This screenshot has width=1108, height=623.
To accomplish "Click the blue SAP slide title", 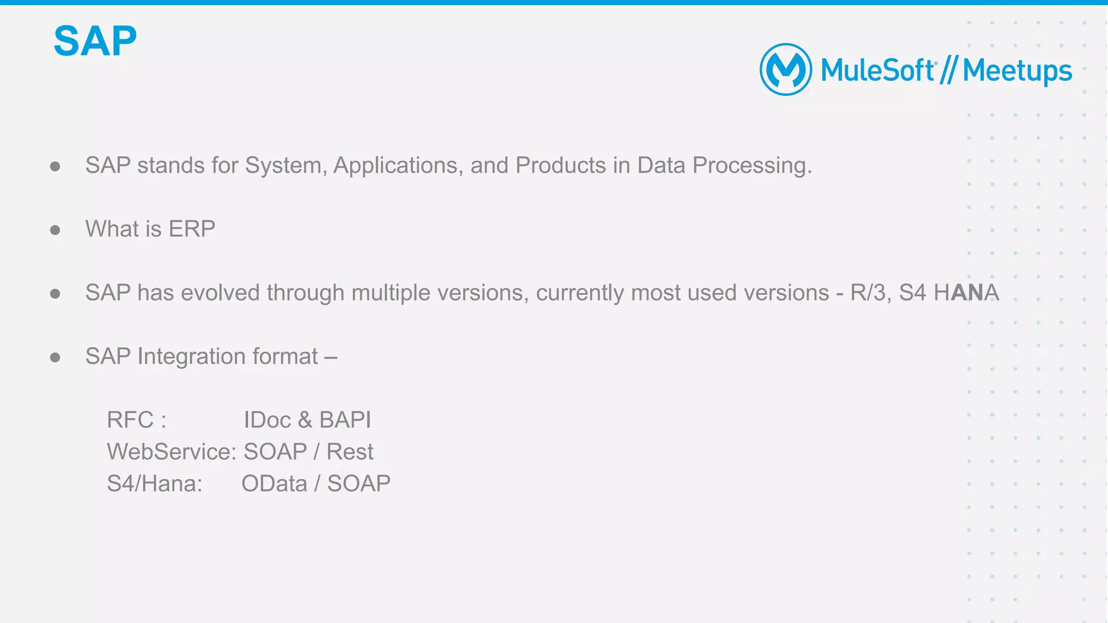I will coord(95,41).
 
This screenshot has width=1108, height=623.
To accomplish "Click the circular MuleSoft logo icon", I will coord(786,70).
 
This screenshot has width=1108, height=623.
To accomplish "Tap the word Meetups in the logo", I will coord(1017,71).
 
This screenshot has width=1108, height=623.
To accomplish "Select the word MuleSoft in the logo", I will coord(877,71).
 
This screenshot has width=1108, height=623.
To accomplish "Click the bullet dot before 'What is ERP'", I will coord(55,230).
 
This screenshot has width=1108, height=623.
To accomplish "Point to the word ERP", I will coord(192,229).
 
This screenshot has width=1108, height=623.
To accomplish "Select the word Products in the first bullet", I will coord(560,165).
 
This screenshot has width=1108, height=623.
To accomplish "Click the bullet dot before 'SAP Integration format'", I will coord(55,357).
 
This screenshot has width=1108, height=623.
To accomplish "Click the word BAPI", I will coord(345,420).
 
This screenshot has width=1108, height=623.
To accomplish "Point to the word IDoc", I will coord(267,420).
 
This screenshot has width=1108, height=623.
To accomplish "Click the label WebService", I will coord(171,452).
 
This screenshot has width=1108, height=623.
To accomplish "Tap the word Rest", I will coord(349,452).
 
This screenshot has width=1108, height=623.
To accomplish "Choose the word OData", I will coord(274,483).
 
